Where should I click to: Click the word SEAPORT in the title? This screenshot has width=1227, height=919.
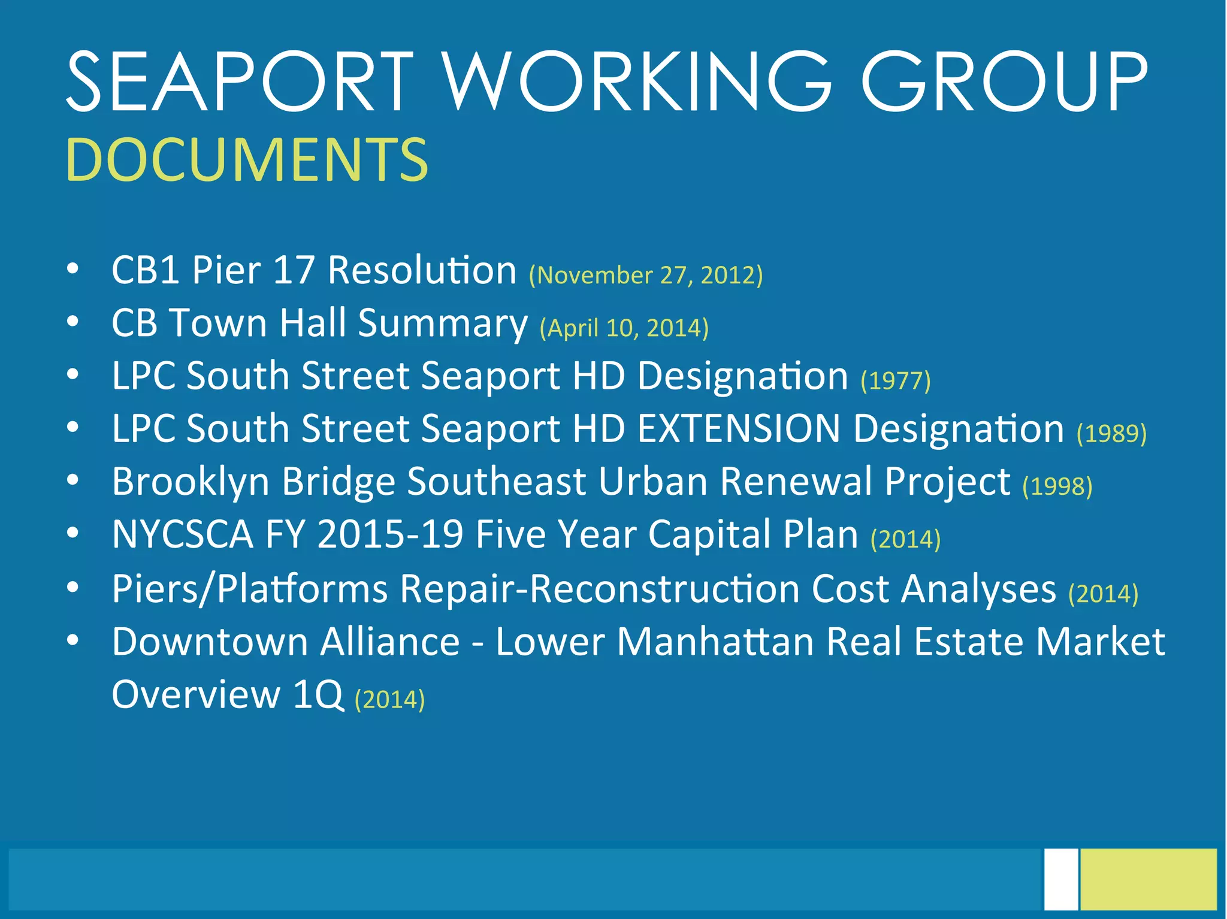coord(240,83)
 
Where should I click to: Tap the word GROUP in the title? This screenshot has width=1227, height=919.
coord(1004,83)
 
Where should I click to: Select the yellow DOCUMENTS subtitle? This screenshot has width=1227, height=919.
coord(247,159)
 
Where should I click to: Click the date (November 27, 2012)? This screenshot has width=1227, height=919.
coord(646,275)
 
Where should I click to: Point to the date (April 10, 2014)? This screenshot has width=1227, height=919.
coord(624,328)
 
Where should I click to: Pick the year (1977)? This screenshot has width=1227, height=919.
coord(896,380)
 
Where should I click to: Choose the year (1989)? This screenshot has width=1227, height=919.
coord(1111,433)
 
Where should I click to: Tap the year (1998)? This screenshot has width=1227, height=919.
coord(1057,486)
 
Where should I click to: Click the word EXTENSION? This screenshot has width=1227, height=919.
coord(739,429)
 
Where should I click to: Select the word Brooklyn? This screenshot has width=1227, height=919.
coord(191,482)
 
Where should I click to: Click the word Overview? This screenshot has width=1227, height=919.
coord(196,694)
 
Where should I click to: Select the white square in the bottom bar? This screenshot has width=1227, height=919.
coord(1060,879)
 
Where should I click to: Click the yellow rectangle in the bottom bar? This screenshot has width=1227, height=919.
coord(1149,879)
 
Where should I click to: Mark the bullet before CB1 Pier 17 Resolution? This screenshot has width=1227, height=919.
coord(72,270)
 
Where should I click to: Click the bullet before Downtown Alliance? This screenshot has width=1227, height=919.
coord(72,641)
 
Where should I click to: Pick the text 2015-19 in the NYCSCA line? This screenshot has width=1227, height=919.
coord(390,534)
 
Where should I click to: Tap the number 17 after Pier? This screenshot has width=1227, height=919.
coord(294,270)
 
